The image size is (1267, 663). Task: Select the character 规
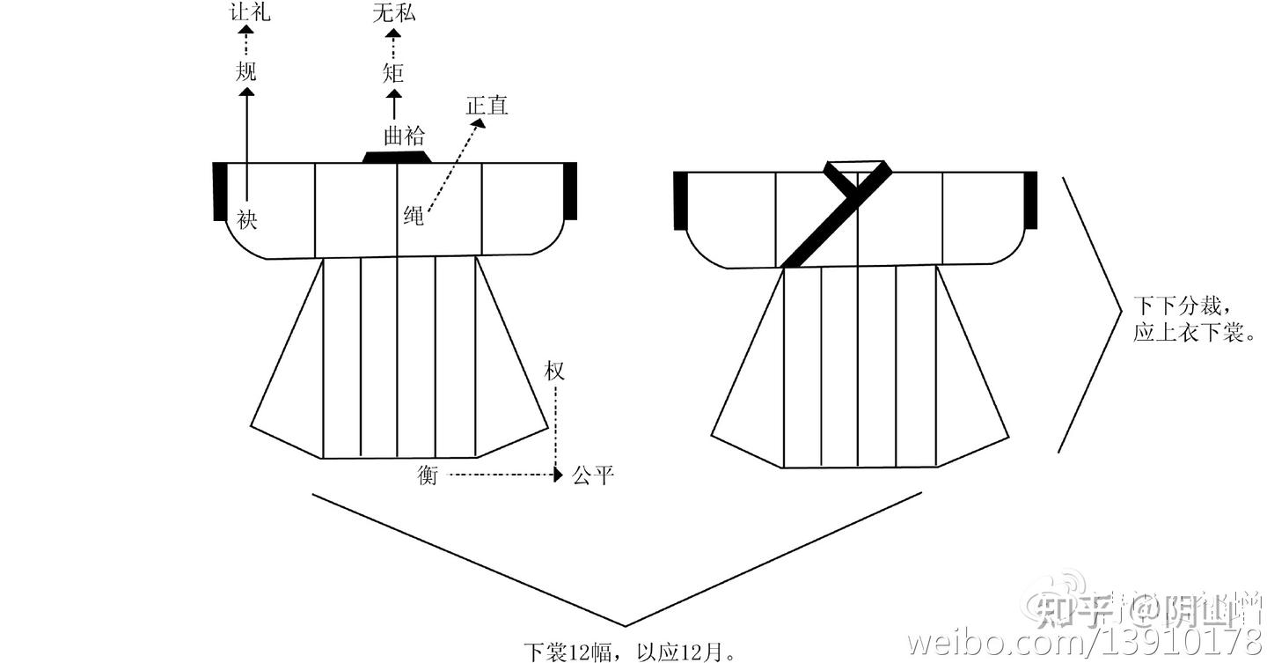click(245, 71)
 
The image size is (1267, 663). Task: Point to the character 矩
click(393, 72)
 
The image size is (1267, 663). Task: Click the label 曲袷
click(404, 135)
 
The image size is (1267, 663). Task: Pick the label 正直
click(487, 107)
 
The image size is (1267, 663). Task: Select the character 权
click(553, 372)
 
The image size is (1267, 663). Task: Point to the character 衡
click(428, 476)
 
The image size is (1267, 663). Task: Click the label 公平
click(591, 476)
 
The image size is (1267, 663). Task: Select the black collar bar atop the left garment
click(397, 157)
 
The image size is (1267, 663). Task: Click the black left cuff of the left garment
click(220, 191)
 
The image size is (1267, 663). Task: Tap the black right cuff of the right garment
click(1030, 200)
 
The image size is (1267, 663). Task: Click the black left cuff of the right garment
click(679, 200)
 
